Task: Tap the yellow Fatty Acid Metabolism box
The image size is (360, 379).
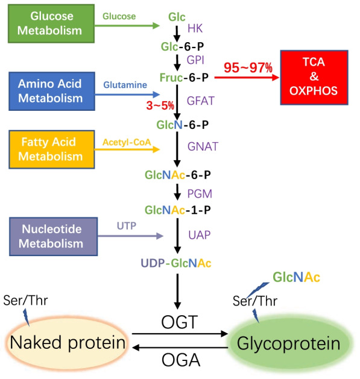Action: [x=49, y=150]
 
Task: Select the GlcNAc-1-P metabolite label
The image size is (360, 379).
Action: [x=176, y=210]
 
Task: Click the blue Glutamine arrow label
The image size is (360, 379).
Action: [x=125, y=86]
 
